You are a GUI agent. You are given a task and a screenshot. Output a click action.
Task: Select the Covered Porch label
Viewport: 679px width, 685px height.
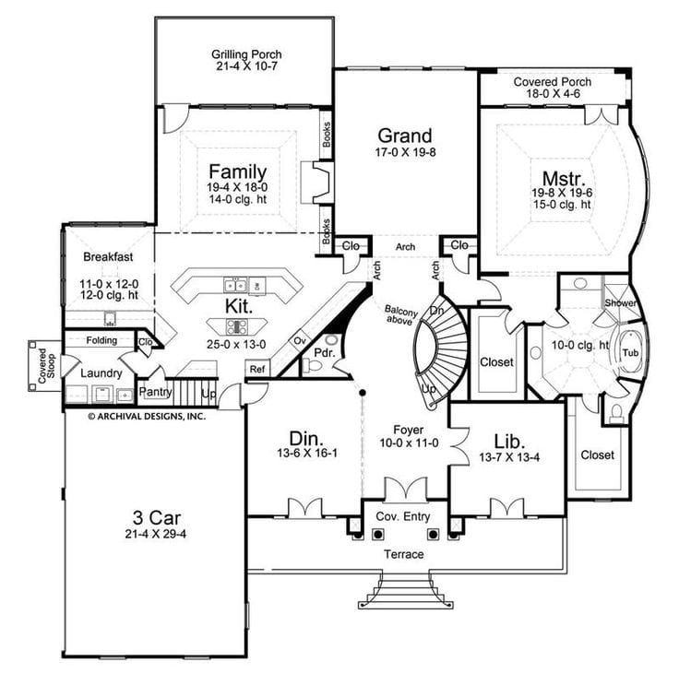553,82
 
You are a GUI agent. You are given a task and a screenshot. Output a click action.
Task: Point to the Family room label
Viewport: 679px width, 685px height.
237,171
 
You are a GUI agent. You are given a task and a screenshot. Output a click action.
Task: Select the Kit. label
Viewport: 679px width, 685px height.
237,305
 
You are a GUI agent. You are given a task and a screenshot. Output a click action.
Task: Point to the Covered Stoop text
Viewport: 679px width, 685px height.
40,364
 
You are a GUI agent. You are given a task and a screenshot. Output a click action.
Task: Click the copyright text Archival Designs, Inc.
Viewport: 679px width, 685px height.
147,416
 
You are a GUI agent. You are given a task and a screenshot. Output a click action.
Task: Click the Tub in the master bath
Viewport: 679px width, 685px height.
630,353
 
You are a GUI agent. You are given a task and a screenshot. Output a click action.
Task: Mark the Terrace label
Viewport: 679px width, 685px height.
404,554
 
